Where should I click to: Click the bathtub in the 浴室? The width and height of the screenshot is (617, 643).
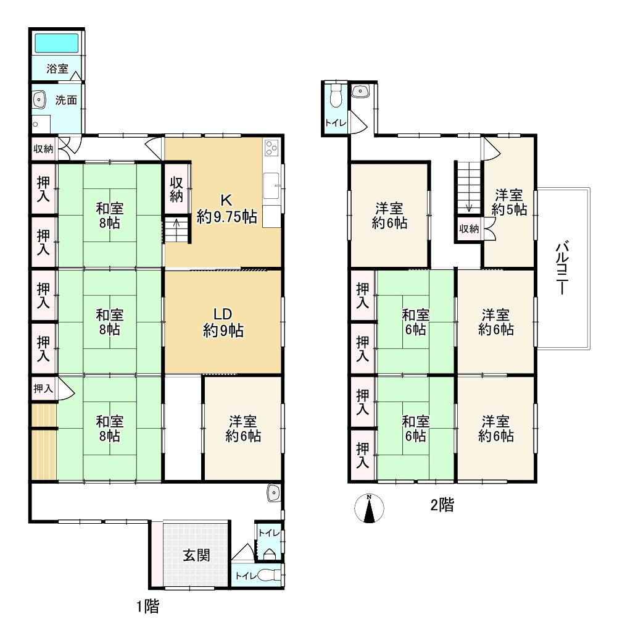click(x=57, y=43)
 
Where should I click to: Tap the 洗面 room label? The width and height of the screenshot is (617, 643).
click(x=66, y=100)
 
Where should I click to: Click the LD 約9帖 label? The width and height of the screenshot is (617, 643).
click(x=223, y=322)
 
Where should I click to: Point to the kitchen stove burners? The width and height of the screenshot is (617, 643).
click(x=271, y=148)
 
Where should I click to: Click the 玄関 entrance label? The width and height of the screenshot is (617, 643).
click(x=197, y=556)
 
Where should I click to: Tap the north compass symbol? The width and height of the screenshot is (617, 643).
click(x=369, y=508)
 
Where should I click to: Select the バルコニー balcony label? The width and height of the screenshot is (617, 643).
click(x=562, y=269)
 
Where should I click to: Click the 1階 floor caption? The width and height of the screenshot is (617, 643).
click(x=147, y=606)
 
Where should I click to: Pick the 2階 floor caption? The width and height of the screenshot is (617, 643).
click(x=442, y=505)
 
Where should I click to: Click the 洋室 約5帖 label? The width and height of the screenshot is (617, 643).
click(x=509, y=202)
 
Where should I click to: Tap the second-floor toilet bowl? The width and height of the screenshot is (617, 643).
click(x=336, y=96)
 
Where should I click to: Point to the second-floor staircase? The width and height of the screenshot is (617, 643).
click(x=469, y=187)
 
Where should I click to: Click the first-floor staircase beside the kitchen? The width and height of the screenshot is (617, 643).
click(x=176, y=230)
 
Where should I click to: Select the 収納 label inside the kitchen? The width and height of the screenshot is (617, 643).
click(x=176, y=189)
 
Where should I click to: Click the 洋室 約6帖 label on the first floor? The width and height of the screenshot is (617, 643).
click(x=243, y=428)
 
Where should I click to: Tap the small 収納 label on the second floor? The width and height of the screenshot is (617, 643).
click(x=469, y=229)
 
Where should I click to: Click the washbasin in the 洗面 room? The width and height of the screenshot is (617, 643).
click(x=39, y=99)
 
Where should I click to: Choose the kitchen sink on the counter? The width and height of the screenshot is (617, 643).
click(x=271, y=186)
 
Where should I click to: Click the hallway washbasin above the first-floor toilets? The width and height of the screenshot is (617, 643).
click(x=273, y=493)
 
